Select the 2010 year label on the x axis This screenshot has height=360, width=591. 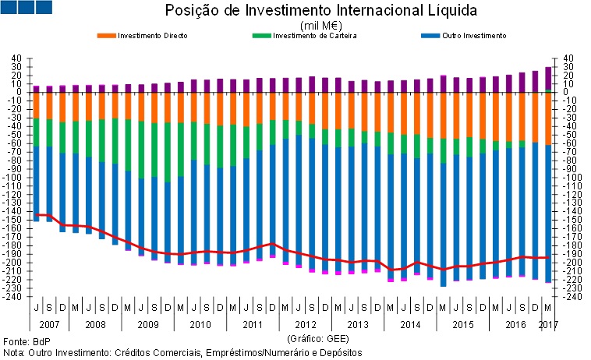(x=200, y=323)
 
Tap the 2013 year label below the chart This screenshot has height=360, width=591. (x=357, y=323)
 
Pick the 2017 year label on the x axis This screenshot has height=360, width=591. (x=548, y=323)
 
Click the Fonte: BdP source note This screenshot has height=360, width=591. (x=23, y=341)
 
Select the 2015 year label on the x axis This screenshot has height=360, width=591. (x=463, y=323)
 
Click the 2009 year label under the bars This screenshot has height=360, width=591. (x=147, y=323)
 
